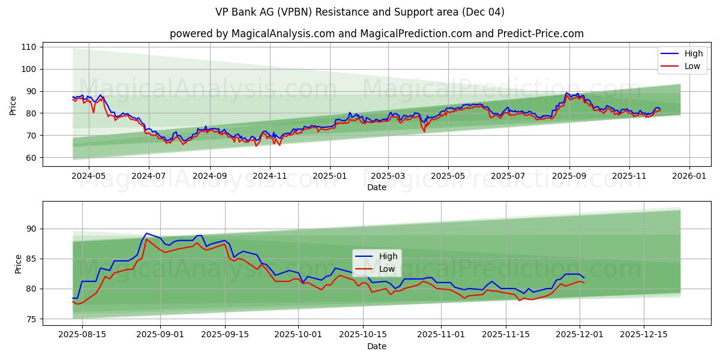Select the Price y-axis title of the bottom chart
(17, 264)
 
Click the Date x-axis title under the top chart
(376, 188)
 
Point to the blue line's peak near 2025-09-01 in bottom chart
(146, 233)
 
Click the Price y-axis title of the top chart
(13, 106)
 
